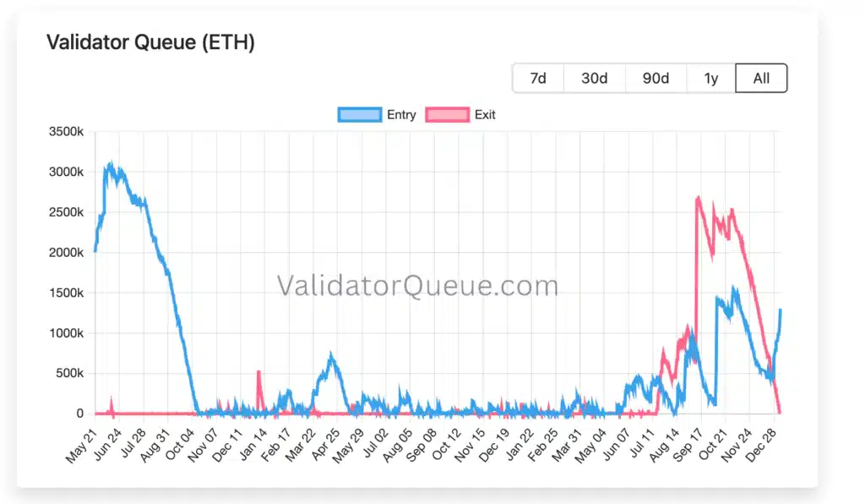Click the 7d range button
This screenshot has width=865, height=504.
(538, 78)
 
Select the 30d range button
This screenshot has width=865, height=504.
(594, 78)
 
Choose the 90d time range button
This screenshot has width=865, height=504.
(656, 78)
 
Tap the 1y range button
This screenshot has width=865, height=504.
(711, 78)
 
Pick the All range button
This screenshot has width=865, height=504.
(761, 78)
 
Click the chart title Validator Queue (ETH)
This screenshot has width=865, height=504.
(150, 42)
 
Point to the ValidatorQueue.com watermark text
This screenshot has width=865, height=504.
(417, 286)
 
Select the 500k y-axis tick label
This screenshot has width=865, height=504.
(70, 373)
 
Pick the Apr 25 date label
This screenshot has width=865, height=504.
(328, 441)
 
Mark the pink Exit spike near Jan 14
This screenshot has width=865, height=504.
(258, 372)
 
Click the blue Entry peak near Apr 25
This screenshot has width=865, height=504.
(331, 356)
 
